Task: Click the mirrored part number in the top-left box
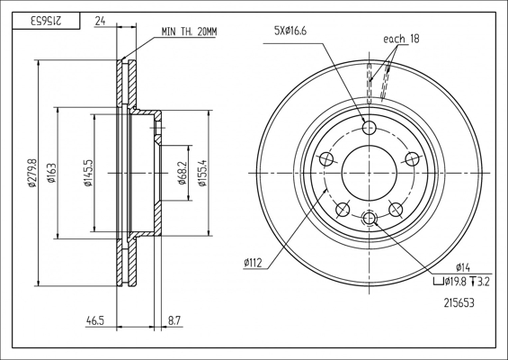(46, 21)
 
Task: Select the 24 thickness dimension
(100, 21)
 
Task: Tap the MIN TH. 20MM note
(189, 31)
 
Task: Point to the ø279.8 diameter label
(32, 173)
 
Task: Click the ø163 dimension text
(51, 173)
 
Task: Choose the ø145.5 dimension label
(88, 173)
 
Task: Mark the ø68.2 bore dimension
(183, 173)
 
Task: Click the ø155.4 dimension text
(202, 173)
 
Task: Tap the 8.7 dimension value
(174, 320)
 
